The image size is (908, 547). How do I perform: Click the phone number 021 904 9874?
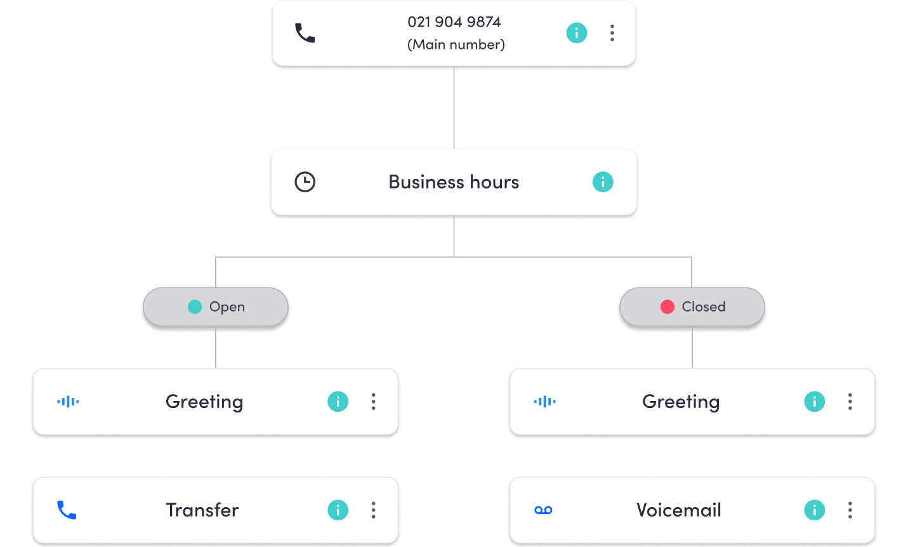pyautogui.click(x=454, y=22)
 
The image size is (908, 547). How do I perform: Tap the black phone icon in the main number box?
pyautogui.click(x=305, y=33)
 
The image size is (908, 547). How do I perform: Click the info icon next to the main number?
pyautogui.click(x=576, y=33)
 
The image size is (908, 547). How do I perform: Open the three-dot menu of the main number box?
pyautogui.click(x=612, y=33)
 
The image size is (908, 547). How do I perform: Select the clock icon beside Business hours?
pyautogui.click(x=305, y=182)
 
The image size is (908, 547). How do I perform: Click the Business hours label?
pyautogui.click(x=454, y=182)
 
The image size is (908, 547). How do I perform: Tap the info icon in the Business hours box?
pyautogui.click(x=603, y=182)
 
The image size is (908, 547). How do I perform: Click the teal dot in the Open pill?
pyautogui.click(x=195, y=307)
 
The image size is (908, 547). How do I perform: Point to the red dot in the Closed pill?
pyautogui.click(x=667, y=307)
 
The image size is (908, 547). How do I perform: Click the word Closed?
pyautogui.click(x=703, y=307)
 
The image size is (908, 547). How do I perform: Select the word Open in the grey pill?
pyautogui.click(x=227, y=307)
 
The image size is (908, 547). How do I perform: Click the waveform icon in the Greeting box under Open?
pyautogui.click(x=68, y=402)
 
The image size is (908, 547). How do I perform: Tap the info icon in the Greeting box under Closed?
pyautogui.click(x=815, y=402)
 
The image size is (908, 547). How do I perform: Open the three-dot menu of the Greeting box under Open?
pyautogui.click(x=374, y=402)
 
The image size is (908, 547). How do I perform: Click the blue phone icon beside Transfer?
pyautogui.click(x=67, y=510)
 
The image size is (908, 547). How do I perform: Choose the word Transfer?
pyautogui.click(x=202, y=510)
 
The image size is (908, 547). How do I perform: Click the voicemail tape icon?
pyautogui.click(x=543, y=510)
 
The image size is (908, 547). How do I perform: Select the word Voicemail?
pyautogui.click(x=679, y=510)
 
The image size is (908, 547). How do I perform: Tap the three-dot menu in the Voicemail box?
pyautogui.click(x=850, y=510)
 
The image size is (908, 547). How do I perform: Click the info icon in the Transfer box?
pyautogui.click(x=338, y=510)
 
